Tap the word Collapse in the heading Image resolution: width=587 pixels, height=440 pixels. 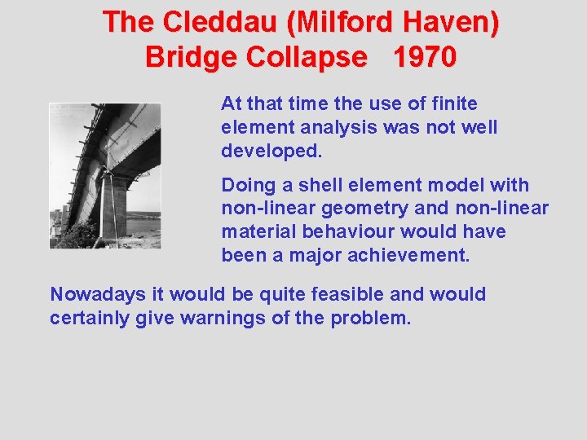(312, 58)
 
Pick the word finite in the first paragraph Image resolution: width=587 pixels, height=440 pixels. (457, 104)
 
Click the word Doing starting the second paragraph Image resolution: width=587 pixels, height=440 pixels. (245, 186)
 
